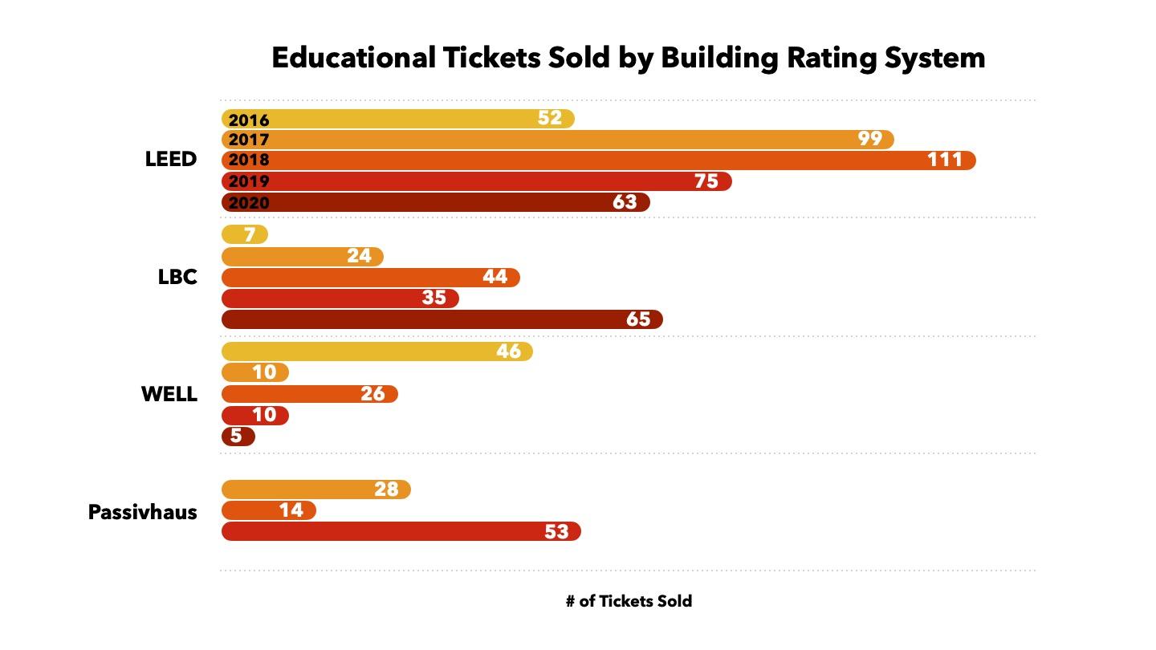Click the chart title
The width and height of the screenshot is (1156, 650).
pos(628,59)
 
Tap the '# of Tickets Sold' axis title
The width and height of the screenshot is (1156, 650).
pos(629,601)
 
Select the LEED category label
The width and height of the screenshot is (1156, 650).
pos(171,160)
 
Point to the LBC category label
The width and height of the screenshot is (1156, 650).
pos(177,278)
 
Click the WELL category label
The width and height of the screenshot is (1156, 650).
pos(169,395)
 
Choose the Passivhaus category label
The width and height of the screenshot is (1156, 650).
pos(143,513)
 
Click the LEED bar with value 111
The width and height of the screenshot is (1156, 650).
pos(598,160)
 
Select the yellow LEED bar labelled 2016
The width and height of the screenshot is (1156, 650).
pos(397,119)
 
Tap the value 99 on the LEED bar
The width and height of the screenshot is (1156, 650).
pos(869,139)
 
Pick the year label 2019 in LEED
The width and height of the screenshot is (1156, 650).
pos(249,181)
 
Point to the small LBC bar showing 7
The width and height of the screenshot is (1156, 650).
pos(244,235)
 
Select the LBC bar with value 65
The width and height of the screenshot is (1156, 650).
pos(442,319)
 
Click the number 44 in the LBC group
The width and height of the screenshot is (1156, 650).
pos(495,277)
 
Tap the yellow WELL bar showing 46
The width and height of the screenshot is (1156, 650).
pos(377,351)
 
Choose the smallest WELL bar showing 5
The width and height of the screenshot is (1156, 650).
pos(238,437)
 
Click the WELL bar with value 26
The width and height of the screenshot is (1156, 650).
pos(309,394)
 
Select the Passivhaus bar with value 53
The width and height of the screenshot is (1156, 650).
pos(401,531)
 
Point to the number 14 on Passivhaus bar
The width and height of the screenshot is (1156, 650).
pos(291,510)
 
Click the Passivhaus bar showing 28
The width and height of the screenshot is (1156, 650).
pos(315,490)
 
